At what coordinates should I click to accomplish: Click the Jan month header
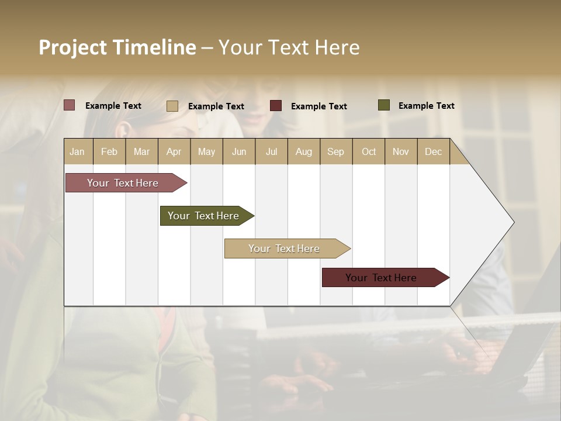78,151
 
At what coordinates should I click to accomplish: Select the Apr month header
174,151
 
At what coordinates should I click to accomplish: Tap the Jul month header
271,151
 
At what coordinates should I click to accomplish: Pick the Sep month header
336,151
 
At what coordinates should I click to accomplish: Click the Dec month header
433,151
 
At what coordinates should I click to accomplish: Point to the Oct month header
369,151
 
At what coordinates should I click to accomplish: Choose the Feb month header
109,151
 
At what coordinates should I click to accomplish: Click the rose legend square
70,105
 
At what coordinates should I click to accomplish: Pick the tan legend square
172,106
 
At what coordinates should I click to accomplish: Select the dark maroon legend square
276,106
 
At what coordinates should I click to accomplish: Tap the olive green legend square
384,105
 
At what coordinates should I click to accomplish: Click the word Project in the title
74,47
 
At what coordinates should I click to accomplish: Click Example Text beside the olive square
426,105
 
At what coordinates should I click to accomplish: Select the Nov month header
401,151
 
